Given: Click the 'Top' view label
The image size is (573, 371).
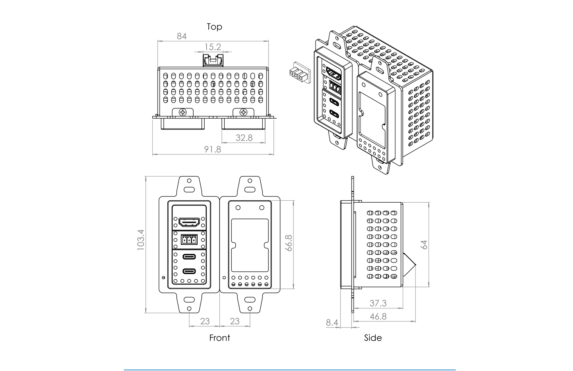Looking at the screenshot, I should pos(214,27).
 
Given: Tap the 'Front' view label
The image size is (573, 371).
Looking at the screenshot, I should pos(219,338).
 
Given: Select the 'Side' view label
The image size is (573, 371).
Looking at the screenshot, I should pos(373,338).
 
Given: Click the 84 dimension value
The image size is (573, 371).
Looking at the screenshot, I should pos(182,36).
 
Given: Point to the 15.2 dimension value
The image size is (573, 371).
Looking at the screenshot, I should pos(212,47).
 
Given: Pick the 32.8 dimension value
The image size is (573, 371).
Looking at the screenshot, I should pos(244,138).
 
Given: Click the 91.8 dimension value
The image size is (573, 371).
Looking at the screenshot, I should pos(212,149).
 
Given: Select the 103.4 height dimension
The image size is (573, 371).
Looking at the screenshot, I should pos(141,240).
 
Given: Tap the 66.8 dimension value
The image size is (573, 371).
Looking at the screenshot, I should pos(289,243).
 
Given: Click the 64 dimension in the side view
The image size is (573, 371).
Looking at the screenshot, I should pos(424,244).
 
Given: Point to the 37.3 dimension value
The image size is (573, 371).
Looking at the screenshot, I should pos(378,303).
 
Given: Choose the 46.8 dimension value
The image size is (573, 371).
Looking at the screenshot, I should pos(378,317).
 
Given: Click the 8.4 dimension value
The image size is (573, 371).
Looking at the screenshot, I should pos(332,323).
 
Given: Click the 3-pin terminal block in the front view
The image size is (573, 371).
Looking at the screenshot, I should pos(189,239).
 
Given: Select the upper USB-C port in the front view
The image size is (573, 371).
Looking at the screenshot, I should pos(189,257).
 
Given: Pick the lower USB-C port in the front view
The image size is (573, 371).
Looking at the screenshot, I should pos(189,271).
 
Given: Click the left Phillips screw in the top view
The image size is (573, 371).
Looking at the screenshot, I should pos(183,112).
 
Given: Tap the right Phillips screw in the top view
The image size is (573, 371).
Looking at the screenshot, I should pos(243,112).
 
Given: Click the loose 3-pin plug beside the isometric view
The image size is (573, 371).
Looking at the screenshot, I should pos(298,74).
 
